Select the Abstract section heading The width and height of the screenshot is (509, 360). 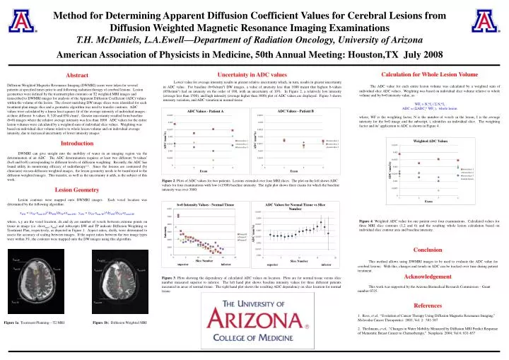pos(77,75)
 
